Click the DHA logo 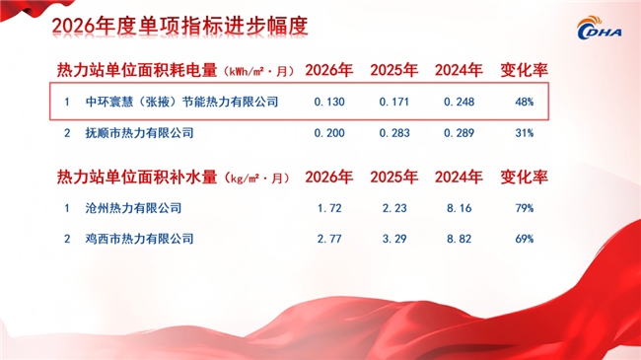pos(600,28)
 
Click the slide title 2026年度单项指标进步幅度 pos(179,27)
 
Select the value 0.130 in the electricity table pos(329,102)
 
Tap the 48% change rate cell pos(524,102)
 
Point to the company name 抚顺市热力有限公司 pos(139,133)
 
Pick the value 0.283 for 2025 pos(394,133)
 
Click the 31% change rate pos(524,133)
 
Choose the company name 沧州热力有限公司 pos(133,208)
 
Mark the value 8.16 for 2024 pos(460,208)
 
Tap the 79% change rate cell pos(524,208)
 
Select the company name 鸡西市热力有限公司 pos(139,239)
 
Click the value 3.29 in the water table pos(394,239)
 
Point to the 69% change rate pos(524,239)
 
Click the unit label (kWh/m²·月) pos(258,72)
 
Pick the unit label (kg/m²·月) pos(256,179)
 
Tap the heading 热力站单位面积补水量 pos(137,178)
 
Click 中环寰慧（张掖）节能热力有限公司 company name pos(181,102)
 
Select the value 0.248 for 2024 pos(460,102)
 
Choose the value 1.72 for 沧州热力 pos(329,208)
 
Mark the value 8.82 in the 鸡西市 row pos(460,239)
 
